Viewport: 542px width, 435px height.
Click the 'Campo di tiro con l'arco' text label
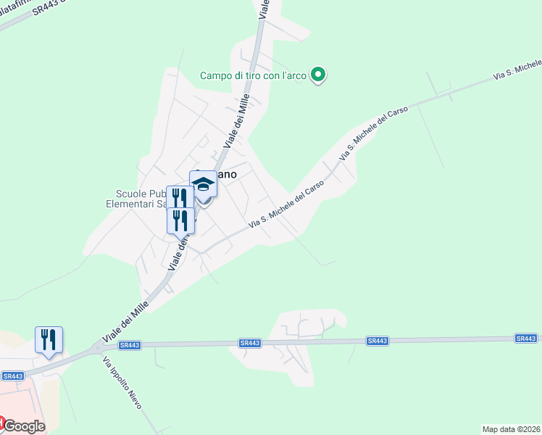pos(254,75)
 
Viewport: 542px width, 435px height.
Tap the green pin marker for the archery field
pos(317,74)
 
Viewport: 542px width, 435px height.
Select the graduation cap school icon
pos(204,184)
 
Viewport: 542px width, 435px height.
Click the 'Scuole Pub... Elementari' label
pos(142,199)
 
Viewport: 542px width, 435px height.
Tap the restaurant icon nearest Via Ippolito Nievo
pos(49,339)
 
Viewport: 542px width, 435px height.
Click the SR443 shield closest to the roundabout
pos(130,345)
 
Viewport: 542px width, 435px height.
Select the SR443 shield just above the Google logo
pos(12,376)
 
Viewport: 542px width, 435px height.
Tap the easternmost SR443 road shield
pos(525,339)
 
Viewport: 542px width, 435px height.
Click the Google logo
pos(24,426)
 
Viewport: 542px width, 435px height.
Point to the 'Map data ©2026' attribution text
pos(511,429)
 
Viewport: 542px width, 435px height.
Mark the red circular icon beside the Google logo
pos(1,422)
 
